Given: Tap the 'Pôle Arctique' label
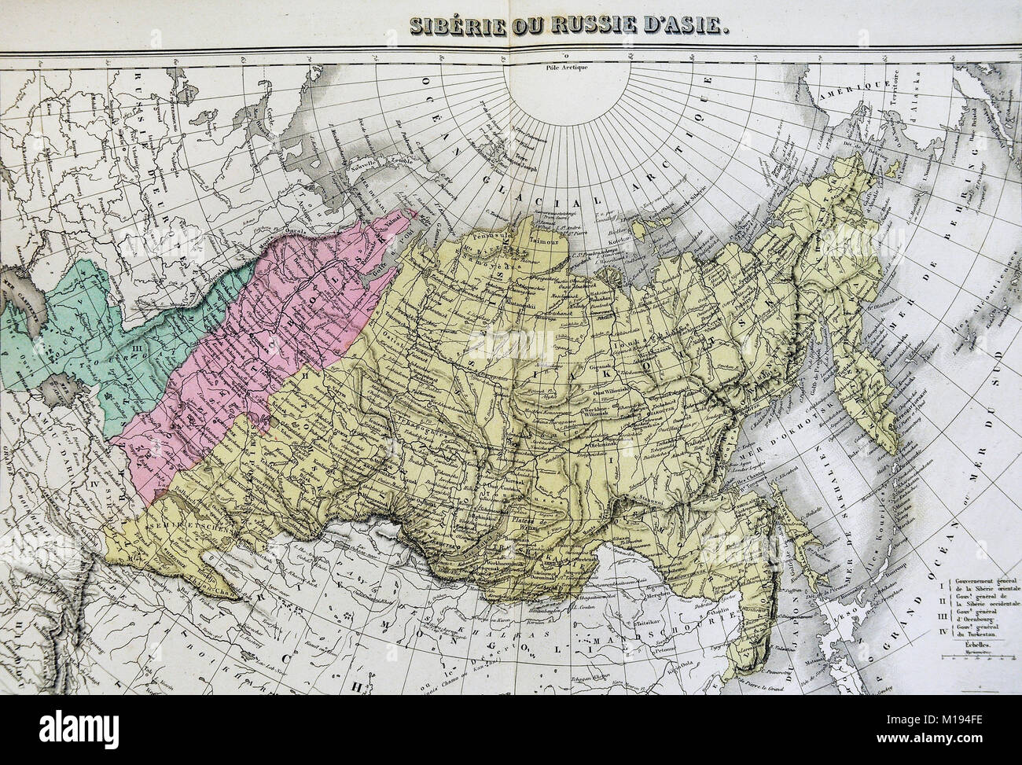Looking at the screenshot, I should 555,67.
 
